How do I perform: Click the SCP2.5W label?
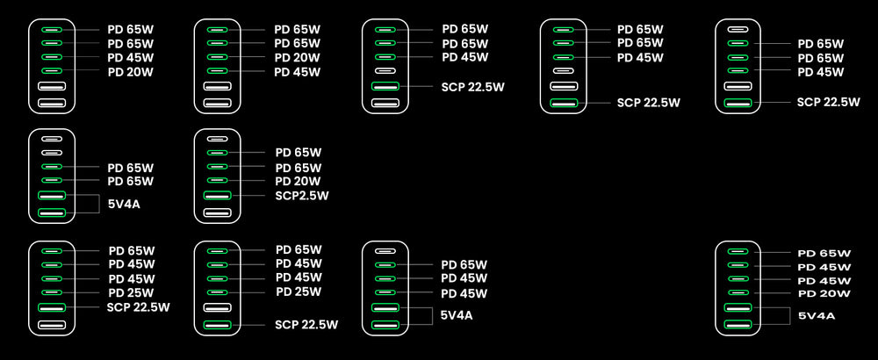tap(301, 196)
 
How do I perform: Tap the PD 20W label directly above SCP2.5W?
tap(299, 181)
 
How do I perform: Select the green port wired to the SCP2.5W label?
tap(217, 195)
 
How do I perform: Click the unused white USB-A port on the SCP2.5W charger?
tap(217, 212)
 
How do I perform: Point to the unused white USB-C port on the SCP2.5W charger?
tap(217, 139)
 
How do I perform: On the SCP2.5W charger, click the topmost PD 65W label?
tap(299, 152)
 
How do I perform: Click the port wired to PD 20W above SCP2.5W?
tap(217, 180)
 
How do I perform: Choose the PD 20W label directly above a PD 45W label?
tap(297, 58)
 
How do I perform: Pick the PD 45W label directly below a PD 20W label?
tap(297, 72)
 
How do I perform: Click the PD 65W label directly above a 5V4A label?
tap(130, 181)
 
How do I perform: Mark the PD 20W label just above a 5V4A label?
tap(823, 293)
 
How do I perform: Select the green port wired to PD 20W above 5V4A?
tap(738, 292)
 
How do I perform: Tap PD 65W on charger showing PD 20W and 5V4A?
tap(823, 253)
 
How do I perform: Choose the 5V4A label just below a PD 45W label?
tap(457, 315)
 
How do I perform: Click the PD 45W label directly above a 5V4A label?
tap(464, 293)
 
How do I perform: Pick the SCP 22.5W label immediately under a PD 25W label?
tap(138, 306)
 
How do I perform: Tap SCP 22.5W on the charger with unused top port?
tap(828, 102)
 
